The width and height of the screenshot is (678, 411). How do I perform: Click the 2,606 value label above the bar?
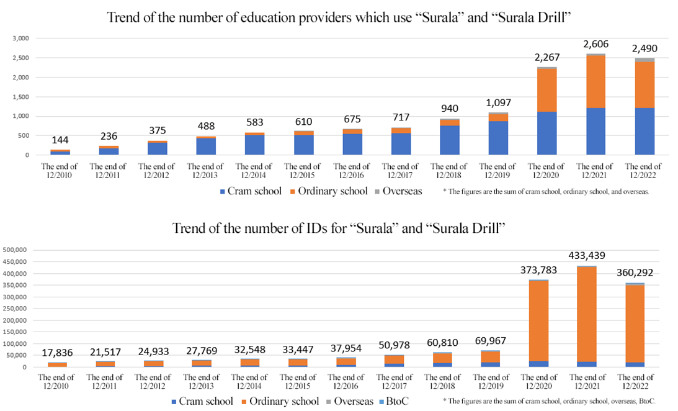click(594, 44)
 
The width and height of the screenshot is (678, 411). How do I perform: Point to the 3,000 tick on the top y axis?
click(21, 38)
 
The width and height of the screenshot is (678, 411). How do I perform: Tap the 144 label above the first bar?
click(60, 140)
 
